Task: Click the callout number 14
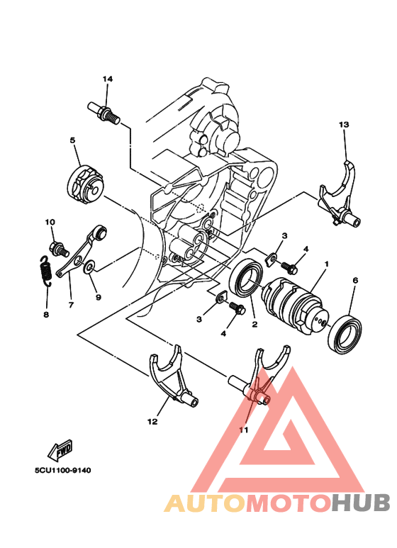tap(107, 79)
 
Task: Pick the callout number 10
tap(50, 223)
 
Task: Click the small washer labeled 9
tap(89, 267)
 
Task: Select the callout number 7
tap(71, 306)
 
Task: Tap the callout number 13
tap(343, 125)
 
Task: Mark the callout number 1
tap(326, 264)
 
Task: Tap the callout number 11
tap(243, 430)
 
